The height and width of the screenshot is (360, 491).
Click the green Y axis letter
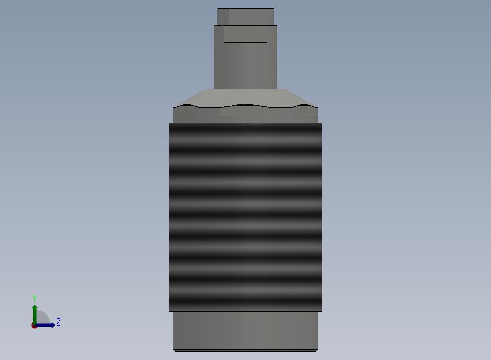[x=34, y=298]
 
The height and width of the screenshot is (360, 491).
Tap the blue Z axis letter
[x=59, y=322]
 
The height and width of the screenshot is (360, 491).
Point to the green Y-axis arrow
[x=34, y=316]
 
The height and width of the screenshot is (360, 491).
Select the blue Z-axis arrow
[x=44, y=325]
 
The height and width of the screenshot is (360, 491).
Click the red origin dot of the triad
[x=34, y=326]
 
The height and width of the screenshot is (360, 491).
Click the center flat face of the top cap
[x=245, y=17]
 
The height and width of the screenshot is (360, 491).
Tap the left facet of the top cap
[x=223, y=17]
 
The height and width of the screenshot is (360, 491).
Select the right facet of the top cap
[x=268, y=17]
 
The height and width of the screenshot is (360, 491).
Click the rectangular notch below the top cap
[x=245, y=34]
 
